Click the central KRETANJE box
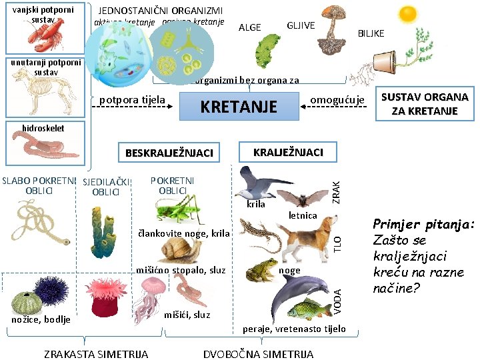pos(239,107)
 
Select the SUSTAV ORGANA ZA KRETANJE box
pos(424,105)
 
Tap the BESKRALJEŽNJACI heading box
pos(169,153)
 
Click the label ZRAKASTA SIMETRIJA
pos(96,353)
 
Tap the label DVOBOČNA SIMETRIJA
pos(258,353)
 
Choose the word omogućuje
pos(338,101)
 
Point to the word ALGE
pos(250,27)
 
